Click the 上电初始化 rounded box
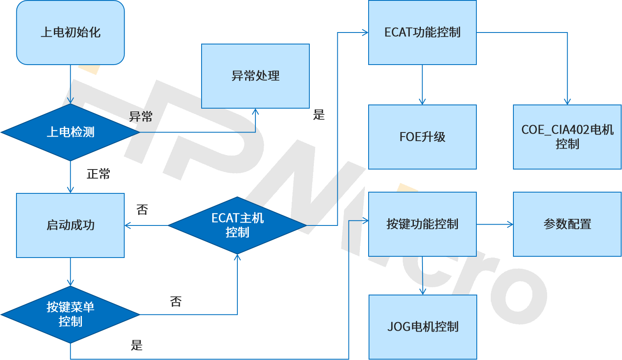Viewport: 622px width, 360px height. (x=70, y=33)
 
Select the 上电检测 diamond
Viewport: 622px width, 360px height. (x=70, y=132)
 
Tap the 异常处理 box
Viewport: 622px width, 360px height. (x=255, y=76)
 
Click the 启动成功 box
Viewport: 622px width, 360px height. (x=70, y=225)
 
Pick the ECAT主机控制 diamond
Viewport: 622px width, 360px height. (x=237, y=225)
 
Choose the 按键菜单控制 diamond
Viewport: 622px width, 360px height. (x=70, y=314)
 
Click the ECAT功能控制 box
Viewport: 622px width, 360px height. (x=422, y=33)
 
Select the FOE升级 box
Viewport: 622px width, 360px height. (x=422, y=137)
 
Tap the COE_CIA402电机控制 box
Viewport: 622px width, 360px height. (x=567, y=137)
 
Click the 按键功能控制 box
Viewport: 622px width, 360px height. (x=422, y=224)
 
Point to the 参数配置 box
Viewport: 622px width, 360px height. (x=567, y=224)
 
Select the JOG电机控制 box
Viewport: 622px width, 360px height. (x=422, y=327)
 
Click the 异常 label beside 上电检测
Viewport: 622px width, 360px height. (x=141, y=117)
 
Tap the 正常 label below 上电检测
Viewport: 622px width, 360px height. (x=98, y=174)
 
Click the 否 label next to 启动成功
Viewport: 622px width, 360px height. (x=142, y=210)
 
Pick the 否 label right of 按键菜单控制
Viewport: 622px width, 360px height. (x=176, y=302)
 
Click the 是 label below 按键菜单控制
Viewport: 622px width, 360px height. (x=137, y=345)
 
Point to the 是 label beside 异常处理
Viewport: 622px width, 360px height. (x=319, y=115)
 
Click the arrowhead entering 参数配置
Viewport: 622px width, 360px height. (x=511, y=224)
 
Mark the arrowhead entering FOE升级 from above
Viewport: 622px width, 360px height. (x=422, y=102)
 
